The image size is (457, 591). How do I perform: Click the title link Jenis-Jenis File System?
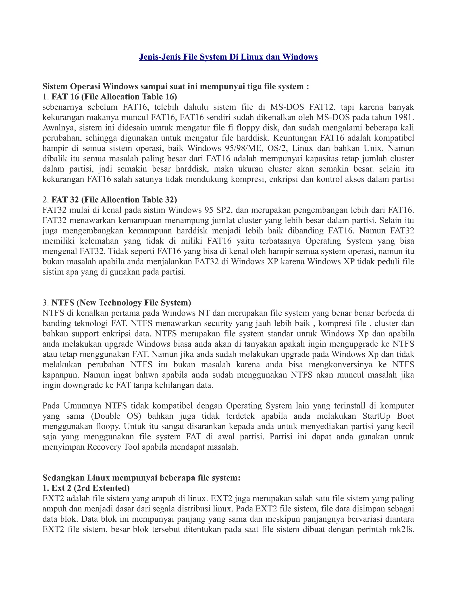point(228,57)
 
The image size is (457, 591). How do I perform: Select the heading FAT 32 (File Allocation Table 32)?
point(114,200)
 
